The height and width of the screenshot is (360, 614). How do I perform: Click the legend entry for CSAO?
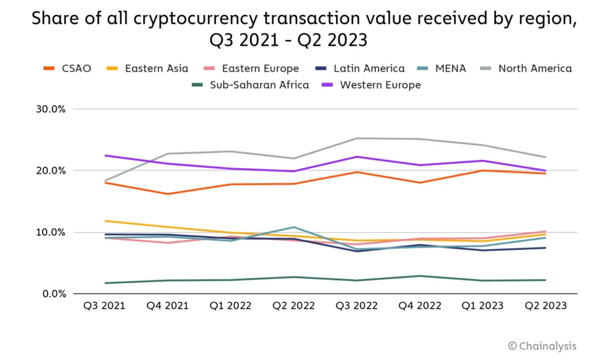76,69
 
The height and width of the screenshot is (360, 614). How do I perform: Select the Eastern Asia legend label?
156,69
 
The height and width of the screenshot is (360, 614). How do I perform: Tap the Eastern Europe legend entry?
260,69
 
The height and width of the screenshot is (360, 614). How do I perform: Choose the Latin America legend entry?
369,69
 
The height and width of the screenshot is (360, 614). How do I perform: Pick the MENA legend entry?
450,69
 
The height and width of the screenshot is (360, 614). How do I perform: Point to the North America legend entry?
535,69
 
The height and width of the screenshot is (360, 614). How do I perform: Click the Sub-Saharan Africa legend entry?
259,85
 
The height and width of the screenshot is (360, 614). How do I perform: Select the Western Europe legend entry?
380,85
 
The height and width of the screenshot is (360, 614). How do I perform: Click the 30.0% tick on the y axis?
51,109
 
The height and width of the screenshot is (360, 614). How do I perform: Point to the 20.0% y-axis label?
51,171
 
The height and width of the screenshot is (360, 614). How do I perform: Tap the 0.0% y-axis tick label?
54,294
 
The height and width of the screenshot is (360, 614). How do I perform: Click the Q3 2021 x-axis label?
104,306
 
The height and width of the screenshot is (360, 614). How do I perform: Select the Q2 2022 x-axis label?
293,306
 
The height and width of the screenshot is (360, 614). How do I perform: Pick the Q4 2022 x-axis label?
420,306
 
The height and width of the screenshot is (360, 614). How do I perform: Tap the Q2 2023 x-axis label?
546,306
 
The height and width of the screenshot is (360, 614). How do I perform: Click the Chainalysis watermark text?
547,346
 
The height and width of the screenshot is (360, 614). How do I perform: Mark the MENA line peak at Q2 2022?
294,227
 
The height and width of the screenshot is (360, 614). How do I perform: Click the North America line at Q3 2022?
357,139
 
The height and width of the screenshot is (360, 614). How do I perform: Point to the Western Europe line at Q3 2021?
105,155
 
